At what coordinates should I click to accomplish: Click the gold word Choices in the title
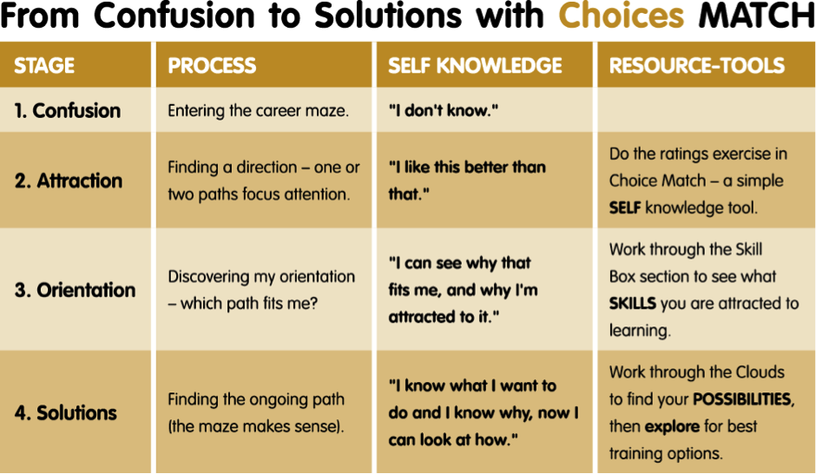621,16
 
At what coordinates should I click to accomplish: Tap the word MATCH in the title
757,16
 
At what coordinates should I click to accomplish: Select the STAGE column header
44,66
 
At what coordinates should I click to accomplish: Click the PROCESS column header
212,66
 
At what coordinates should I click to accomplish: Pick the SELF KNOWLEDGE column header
475,66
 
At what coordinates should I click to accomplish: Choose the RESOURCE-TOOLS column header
697,66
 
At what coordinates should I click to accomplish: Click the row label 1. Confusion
68,110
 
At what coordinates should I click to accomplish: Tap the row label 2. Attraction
69,181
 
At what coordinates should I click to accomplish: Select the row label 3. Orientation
75,290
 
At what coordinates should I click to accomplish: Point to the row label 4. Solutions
66,412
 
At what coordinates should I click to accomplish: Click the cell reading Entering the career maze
258,110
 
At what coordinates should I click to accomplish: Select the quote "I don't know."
444,110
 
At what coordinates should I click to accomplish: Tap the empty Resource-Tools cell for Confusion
707,109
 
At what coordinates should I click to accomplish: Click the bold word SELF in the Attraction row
625,207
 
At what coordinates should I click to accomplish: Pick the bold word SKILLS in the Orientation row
632,303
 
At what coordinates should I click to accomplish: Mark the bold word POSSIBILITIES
742,399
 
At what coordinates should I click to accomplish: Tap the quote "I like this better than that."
467,181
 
